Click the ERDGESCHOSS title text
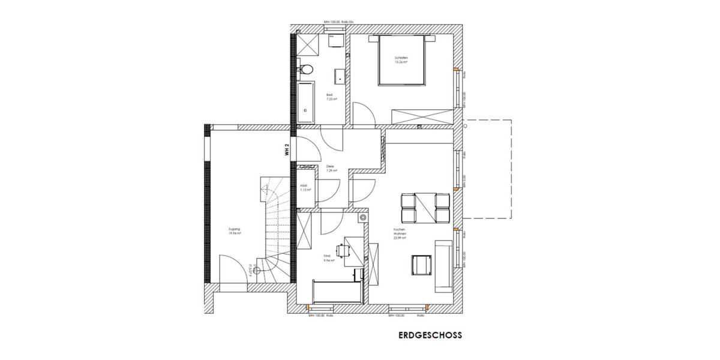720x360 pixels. pyautogui.click(x=430, y=337)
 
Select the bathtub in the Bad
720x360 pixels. pyautogui.click(x=305, y=100)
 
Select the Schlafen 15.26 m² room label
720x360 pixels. pyautogui.click(x=401, y=59)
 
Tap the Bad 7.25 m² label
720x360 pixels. pyautogui.click(x=331, y=97)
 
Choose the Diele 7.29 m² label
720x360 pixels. pyautogui.click(x=331, y=169)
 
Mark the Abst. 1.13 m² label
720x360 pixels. pyautogui.click(x=305, y=188)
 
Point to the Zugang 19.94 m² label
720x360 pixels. pyautogui.click(x=235, y=231)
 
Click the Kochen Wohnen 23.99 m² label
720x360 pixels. pyautogui.click(x=400, y=234)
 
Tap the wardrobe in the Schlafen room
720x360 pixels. pyautogui.click(x=422, y=116)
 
